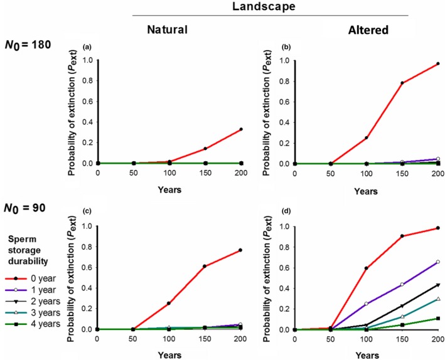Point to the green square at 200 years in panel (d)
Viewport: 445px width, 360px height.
[x=438, y=318]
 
